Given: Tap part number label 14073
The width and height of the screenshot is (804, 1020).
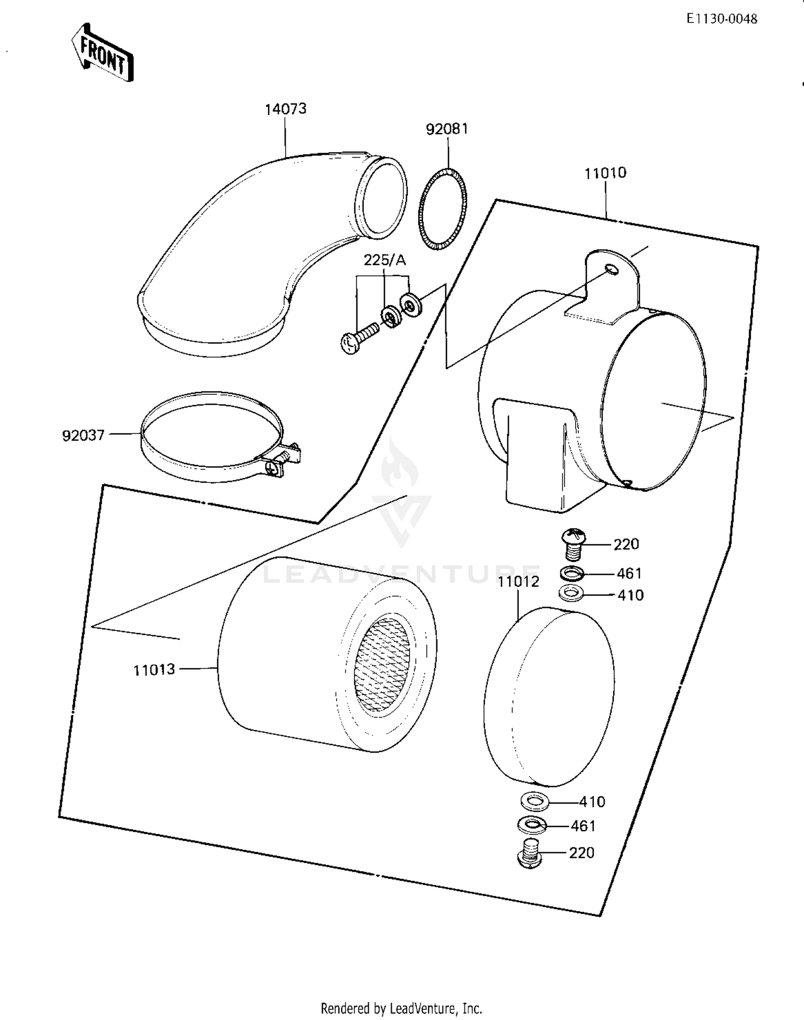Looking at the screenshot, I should coord(286,109).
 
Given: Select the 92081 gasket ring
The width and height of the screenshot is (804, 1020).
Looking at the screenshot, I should coord(442,209).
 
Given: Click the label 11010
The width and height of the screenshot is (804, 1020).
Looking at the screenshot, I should coord(605,173).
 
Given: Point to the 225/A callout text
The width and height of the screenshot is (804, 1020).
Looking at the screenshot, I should coord(384,260).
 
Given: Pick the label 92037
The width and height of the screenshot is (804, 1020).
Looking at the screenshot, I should coord(83,436).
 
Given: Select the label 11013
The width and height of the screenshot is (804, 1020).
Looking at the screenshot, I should coord(154,670).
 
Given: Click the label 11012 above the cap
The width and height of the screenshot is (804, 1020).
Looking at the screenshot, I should coord(518,582).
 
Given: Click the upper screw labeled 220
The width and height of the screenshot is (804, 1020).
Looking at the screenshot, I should coord(574,542).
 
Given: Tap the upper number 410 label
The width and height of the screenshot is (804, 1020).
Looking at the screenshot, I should coord(630,595).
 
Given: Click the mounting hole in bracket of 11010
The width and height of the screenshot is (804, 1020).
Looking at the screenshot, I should coord(610,269).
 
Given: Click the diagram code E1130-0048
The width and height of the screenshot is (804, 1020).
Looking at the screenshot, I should coord(722,19).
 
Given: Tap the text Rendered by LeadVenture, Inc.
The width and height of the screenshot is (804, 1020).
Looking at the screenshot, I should coord(401,1008).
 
